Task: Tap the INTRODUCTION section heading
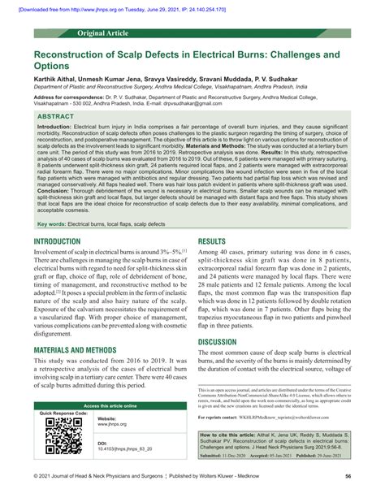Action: click(x=63, y=241)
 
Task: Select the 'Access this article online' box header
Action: click(x=102, y=405)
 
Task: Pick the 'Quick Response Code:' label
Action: click(x=64, y=413)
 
